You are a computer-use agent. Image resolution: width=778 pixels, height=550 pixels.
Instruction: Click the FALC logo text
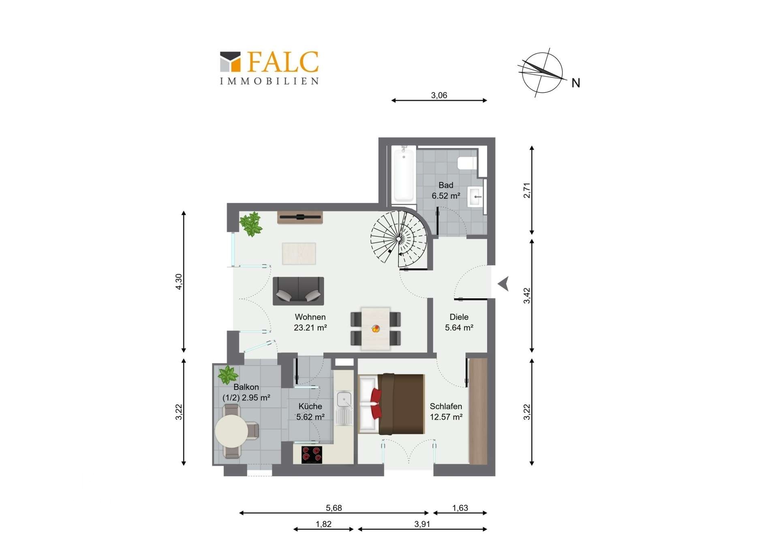[283, 62]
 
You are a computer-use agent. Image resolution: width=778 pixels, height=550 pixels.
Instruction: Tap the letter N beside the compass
[575, 83]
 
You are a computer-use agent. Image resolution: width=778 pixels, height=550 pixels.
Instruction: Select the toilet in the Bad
[467, 163]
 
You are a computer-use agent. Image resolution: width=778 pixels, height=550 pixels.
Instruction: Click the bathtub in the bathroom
[404, 174]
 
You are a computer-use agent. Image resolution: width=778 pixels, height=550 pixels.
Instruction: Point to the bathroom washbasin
[475, 197]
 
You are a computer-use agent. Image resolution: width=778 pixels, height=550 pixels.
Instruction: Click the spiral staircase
[399, 239]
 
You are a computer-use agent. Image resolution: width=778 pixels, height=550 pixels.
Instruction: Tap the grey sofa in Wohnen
[298, 291]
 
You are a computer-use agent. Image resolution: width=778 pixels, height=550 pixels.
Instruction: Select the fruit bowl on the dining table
[376, 329]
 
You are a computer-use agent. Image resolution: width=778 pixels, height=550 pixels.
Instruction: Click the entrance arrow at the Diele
[504, 284]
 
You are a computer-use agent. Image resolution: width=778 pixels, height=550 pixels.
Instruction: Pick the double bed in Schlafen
[391, 404]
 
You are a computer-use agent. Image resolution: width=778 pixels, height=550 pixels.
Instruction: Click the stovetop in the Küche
[312, 455]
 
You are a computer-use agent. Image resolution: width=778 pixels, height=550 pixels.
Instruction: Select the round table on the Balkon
[231, 431]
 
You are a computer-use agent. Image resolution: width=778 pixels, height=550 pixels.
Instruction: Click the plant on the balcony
[228, 375]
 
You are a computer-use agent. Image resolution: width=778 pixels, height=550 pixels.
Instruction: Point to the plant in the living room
[251, 224]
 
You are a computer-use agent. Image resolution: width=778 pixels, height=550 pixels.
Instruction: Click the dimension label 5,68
[334, 508]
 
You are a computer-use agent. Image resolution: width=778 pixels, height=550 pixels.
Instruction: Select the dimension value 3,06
[439, 95]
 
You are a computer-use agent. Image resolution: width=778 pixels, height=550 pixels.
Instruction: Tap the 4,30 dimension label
[179, 282]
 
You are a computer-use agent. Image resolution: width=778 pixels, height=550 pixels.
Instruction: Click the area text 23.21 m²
[310, 327]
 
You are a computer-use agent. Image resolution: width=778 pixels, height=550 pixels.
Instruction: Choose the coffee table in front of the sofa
[299, 253]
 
